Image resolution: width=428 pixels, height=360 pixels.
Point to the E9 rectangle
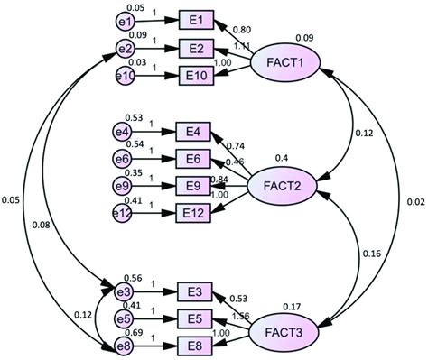pos(193,187)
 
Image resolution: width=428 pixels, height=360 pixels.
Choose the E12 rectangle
pos(193,213)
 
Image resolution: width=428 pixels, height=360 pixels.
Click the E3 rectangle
pos(195,291)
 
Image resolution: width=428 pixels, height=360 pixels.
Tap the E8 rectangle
pos(195,343)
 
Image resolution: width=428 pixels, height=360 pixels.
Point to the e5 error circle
pos(126,317)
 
